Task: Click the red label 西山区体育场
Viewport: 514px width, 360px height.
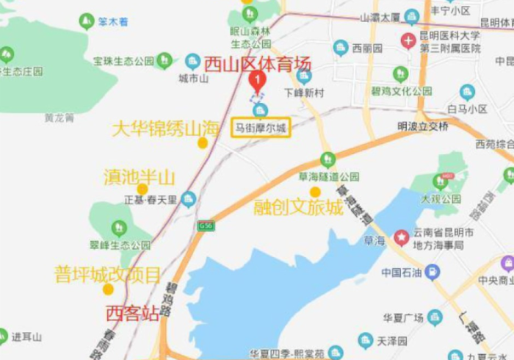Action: point(257,63)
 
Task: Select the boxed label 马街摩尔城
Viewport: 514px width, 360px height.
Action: point(261,128)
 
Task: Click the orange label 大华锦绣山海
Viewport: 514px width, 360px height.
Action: point(165,129)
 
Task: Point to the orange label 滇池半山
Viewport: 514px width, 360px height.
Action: point(140,177)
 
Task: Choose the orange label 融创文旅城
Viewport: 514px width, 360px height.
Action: point(299,207)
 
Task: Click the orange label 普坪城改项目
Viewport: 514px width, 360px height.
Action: point(107,275)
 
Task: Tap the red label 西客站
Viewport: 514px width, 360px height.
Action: point(132,314)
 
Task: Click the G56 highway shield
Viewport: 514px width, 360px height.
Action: point(206,226)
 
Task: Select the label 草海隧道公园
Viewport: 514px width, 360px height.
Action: point(329,176)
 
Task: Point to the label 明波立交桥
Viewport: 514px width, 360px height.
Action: point(423,126)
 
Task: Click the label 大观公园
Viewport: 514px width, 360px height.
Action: point(441,198)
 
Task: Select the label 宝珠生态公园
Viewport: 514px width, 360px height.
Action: point(123,61)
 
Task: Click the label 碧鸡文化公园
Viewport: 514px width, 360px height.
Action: point(401,91)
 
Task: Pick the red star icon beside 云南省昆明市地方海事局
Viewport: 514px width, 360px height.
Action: point(402,237)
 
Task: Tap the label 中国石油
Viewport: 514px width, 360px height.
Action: point(400,272)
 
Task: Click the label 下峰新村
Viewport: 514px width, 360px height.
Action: point(304,93)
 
